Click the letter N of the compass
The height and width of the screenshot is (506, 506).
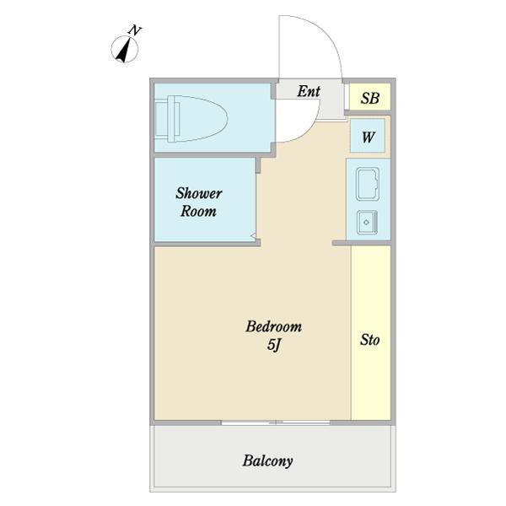click(x=135, y=30)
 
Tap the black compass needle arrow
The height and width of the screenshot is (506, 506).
click(x=124, y=51)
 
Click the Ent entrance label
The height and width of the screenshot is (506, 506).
click(x=309, y=91)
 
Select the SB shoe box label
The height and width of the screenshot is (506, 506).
click(x=370, y=98)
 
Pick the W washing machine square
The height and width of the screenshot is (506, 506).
click(x=368, y=136)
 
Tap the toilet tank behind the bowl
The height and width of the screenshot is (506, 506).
click(x=163, y=118)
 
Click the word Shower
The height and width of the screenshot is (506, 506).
click(x=199, y=193)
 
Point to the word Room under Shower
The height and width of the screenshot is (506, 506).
click(x=198, y=211)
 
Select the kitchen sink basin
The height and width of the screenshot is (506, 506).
click(x=368, y=184)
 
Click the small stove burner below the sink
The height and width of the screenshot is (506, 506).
click(x=367, y=223)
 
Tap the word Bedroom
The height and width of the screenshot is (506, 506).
click(x=273, y=326)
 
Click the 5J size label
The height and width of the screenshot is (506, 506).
click(x=274, y=345)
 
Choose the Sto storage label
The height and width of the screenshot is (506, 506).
click(x=370, y=340)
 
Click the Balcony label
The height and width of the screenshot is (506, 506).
click(x=267, y=460)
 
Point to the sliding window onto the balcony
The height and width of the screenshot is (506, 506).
click(x=276, y=423)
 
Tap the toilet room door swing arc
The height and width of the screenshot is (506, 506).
click(x=310, y=129)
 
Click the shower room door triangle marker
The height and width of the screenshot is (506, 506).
click(x=254, y=236)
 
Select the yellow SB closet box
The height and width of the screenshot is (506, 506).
click(x=370, y=96)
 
